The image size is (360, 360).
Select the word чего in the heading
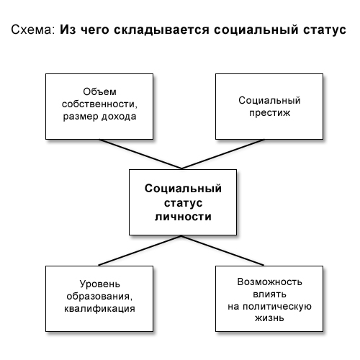(95, 30)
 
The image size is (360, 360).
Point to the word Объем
(99, 91)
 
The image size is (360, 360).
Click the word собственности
(99, 104)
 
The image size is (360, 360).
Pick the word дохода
(119, 117)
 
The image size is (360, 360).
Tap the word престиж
(269, 113)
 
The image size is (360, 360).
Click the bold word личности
(183, 217)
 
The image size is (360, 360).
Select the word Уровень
(99, 284)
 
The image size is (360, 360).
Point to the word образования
(99, 297)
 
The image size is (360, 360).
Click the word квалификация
(99, 309)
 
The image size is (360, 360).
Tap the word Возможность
(269, 282)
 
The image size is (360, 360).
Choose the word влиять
(269, 294)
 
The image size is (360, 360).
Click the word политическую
(277, 307)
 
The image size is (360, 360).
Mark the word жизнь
(269, 318)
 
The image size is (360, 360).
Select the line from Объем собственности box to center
(140, 154)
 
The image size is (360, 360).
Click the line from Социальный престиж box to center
(223, 154)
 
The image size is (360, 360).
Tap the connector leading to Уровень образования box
(140, 251)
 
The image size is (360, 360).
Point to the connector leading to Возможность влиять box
(222, 251)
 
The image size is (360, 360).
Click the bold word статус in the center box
(183, 203)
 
